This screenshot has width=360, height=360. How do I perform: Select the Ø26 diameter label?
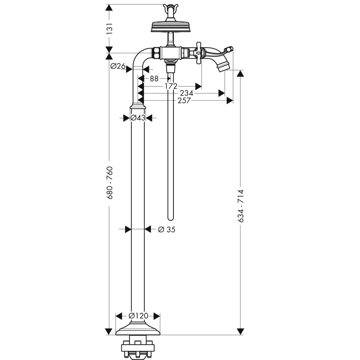[x=118, y=66]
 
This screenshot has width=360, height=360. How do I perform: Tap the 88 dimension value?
[x=154, y=78]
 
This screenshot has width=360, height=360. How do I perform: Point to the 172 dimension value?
[x=171, y=86]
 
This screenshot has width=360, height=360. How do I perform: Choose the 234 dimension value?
[x=187, y=93]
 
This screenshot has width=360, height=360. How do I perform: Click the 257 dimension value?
[x=184, y=101]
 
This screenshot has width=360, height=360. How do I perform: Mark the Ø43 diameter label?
[x=138, y=118]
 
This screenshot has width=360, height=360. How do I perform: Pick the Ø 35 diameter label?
[x=166, y=229]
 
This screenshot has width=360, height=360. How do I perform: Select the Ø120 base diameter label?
[x=138, y=316]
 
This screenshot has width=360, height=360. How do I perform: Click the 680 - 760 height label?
[x=110, y=183]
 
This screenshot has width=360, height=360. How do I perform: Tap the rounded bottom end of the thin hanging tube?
[x=171, y=217]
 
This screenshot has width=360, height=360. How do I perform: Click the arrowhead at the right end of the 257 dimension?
[x=230, y=101]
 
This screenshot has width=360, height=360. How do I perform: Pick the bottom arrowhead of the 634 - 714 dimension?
[x=240, y=332]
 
